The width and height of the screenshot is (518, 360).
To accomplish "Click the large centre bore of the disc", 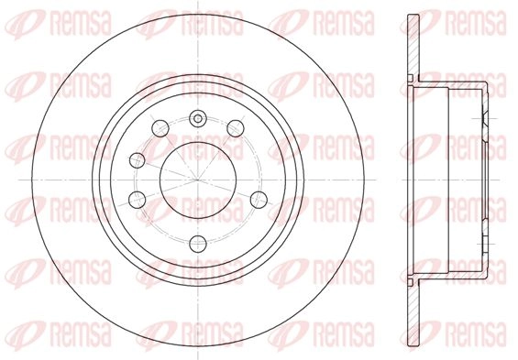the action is (198, 180).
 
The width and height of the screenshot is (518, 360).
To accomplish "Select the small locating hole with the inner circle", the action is (198, 118).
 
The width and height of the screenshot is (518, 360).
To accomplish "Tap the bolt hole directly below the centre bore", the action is (198, 244).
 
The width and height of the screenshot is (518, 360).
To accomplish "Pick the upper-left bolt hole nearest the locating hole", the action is (160, 128).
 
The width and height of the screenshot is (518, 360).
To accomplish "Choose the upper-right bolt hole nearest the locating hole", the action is (236, 128).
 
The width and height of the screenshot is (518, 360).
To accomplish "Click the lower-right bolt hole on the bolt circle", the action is (259, 200).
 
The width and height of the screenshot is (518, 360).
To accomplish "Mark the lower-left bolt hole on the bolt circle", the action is (138, 200).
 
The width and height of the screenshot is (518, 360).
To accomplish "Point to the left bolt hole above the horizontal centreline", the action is (138, 160).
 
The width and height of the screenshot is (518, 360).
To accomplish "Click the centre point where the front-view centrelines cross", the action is (198, 180).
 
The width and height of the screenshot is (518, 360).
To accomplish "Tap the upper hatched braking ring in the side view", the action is (413, 48).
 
